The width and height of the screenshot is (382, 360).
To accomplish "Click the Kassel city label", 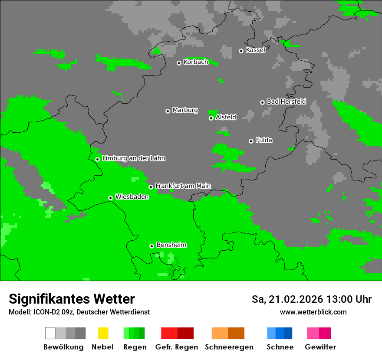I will [x=255, y=50].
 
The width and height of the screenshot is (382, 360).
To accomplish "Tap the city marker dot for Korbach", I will [x=179, y=63].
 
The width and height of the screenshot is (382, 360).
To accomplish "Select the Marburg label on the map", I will [x=185, y=110].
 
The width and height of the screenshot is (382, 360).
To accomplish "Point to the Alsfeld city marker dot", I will [x=211, y=118].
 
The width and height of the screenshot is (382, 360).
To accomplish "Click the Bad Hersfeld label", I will [x=286, y=101].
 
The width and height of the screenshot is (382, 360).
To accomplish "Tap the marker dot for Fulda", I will [x=251, y=141].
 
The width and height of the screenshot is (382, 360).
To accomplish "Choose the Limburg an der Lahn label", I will [x=133, y=158].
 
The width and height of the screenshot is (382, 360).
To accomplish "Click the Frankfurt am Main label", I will [x=183, y=186].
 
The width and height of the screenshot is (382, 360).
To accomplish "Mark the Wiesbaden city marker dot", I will [x=111, y=198].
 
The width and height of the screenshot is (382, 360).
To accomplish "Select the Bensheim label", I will [x=171, y=245].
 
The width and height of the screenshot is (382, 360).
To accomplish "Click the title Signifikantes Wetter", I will [x=72, y=299].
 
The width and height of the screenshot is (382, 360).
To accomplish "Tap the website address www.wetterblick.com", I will [x=313, y=312].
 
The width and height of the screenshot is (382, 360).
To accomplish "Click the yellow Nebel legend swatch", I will [x=103, y=333].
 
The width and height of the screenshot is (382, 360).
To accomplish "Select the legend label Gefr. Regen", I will [x=177, y=347].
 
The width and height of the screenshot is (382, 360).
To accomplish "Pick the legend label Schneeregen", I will [x=229, y=347].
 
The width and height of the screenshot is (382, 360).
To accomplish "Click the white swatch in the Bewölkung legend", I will [x=50, y=333].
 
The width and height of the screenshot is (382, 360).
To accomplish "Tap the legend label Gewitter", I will [x=320, y=347].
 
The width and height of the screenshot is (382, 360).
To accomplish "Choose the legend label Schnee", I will [x=280, y=347].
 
